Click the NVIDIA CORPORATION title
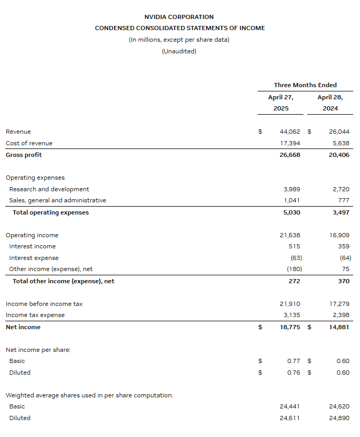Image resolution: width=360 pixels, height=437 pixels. pyautogui.click(x=179, y=17)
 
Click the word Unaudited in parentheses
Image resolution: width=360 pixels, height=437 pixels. pyautogui.click(x=179, y=51)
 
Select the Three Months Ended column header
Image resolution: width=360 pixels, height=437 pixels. pyautogui.click(x=305, y=85)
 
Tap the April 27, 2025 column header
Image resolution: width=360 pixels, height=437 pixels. pyautogui.click(x=280, y=103)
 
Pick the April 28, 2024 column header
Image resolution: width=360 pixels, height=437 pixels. pyautogui.click(x=330, y=103)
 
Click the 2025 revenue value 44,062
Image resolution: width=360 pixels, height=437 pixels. pyautogui.click(x=290, y=132)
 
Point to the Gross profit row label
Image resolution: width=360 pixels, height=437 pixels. pyautogui.click(x=24, y=155)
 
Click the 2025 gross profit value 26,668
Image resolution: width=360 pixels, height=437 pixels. pyautogui.click(x=290, y=155)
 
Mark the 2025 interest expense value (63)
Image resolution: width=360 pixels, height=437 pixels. pyautogui.click(x=296, y=258)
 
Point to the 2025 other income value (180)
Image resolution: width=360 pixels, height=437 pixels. pyautogui.click(x=294, y=269)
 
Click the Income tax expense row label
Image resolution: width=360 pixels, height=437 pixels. pyautogui.click(x=35, y=315)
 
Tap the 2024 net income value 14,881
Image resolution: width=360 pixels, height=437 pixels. pyautogui.click(x=338, y=327)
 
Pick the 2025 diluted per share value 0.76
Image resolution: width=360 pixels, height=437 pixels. pyautogui.click(x=293, y=373)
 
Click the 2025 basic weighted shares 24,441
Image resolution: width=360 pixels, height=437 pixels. pyautogui.click(x=290, y=406)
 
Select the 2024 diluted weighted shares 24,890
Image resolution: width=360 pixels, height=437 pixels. pyautogui.click(x=339, y=418)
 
